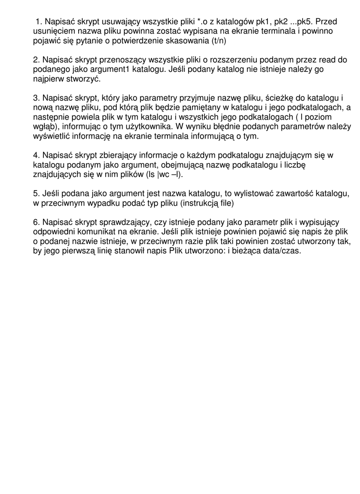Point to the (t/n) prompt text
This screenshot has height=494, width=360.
pos(219,41)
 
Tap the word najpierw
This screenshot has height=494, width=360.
pos(48,79)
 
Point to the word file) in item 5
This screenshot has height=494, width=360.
pos(224,203)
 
